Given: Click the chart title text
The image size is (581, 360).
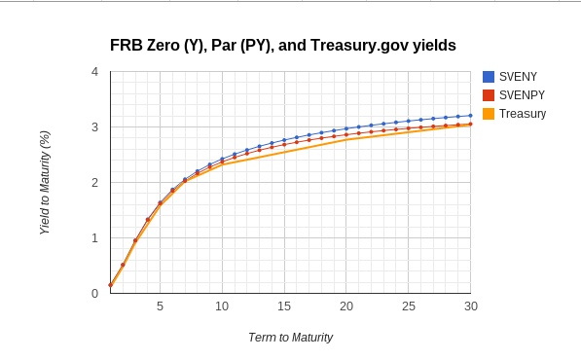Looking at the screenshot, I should [x=282, y=45].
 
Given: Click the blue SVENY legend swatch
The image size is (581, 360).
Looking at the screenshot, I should [x=489, y=77].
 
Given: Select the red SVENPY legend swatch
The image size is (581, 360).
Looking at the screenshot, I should [x=489, y=95].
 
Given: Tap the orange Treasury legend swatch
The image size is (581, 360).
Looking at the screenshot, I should [x=489, y=114].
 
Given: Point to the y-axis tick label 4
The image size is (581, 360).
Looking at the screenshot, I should [x=94, y=72].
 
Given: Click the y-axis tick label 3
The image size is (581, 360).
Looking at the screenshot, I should [x=94, y=127].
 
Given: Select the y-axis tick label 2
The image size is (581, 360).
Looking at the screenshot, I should [x=94, y=183].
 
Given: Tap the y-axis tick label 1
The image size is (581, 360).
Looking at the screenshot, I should [x=94, y=238].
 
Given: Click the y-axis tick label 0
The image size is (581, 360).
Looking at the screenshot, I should [x=94, y=294].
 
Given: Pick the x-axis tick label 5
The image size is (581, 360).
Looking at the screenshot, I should [x=160, y=306].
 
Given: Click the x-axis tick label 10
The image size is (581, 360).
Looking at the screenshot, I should [x=222, y=306].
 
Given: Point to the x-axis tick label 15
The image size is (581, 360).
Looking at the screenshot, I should [x=284, y=306].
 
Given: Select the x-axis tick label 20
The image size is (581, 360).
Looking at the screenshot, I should [x=346, y=306].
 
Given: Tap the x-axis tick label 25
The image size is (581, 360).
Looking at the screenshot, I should [x=409, y=306].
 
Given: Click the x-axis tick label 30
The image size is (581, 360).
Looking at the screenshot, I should [x=470, y=306].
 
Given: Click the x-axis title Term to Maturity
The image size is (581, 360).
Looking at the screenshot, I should [x=290, y=338].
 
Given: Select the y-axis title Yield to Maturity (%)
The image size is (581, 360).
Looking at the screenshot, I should [x=45, y=183].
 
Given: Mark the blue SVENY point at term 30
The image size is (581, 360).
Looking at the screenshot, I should [x=471, y=115].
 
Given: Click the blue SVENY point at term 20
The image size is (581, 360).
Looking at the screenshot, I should [x=346, y=128].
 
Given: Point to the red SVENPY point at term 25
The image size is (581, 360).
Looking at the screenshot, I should [x=409, y=128].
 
